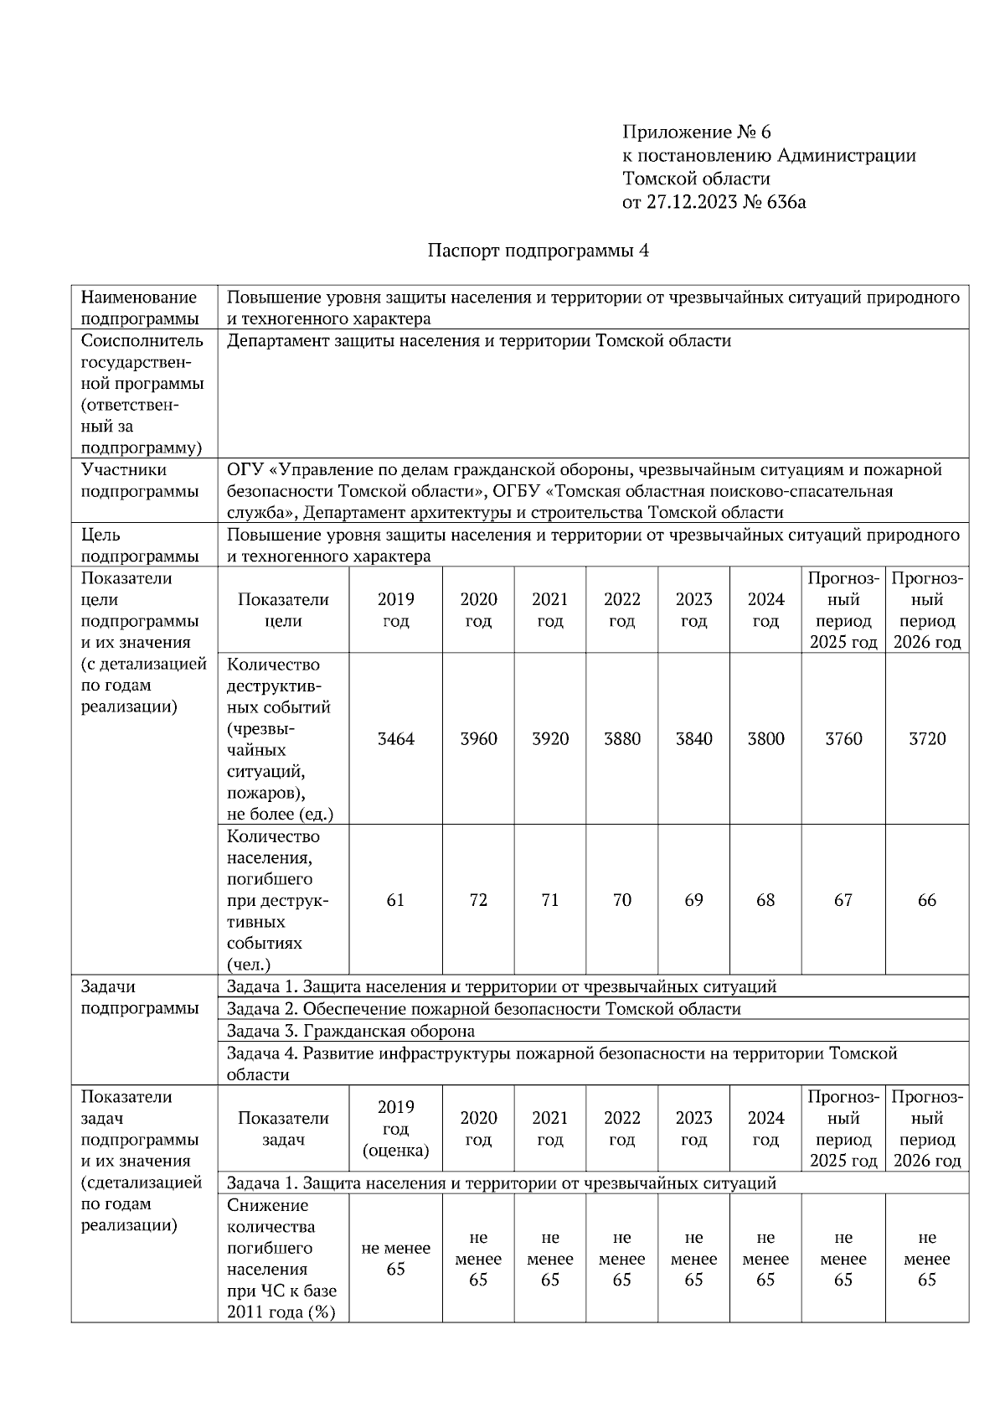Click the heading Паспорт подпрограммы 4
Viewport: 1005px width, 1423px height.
[x=539, y=251]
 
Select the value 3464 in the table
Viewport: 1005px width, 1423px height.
[x=395, y=739]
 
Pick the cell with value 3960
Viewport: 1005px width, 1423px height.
[x=478, y=739]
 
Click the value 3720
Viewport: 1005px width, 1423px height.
[x=926, y=739]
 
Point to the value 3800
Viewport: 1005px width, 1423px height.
[x=765, y=739]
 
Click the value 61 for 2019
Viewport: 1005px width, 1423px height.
[x=395, y=900]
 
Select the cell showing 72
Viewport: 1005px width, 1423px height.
[x=478, y=900]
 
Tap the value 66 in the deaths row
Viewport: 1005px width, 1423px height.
[x=926, y=900]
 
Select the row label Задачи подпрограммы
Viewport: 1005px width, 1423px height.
[x=139, y=997]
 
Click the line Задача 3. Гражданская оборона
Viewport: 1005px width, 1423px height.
[x=350, y=1031]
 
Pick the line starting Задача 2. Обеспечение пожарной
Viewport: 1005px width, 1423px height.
[x=483, y=1009]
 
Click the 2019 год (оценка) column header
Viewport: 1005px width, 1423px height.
[x=395, y=1129]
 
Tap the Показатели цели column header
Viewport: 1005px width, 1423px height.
[x=283, y=610]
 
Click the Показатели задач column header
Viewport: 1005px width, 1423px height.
[x=283, y=1129]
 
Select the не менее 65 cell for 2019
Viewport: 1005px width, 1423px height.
[x=395, y=1258]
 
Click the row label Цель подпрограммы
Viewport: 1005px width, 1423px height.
[x=139, y=546]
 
